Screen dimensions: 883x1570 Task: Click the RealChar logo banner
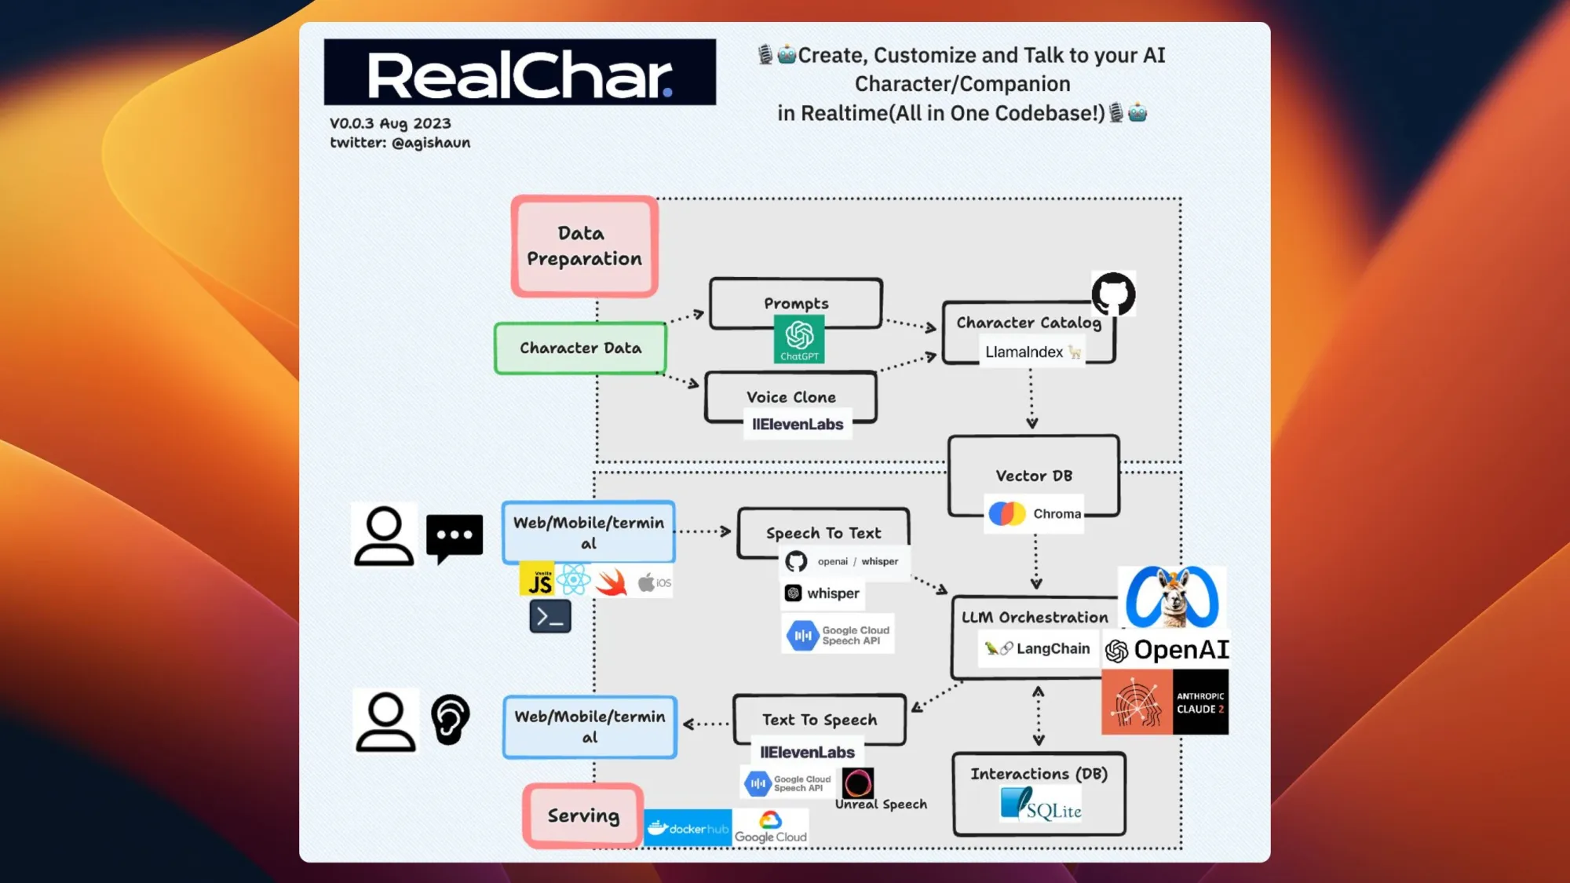coord(520,72)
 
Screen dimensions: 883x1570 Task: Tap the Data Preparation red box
coord(584,246)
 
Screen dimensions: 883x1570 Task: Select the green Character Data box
coord(580,348)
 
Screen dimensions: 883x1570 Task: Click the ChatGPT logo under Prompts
coord(799,338)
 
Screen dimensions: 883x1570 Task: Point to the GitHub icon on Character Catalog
coord(1113,294)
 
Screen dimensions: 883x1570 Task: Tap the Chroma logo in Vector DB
coord(1007,514)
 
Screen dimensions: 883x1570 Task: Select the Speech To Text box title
coord(823,533)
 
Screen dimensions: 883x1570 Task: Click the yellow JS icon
coord(539,580)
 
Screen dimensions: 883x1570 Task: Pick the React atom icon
coord(574,580)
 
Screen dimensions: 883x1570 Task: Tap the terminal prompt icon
coord(550,617)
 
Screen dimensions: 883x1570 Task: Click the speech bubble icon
coord(455,538)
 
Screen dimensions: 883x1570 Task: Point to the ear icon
coord(451,719)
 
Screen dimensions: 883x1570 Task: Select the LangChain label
coord(1038,649)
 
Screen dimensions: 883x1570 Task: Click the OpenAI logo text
coord(1167,650)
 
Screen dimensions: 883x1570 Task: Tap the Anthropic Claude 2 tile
coord(1165,702)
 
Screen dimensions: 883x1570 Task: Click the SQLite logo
coord(1040,805)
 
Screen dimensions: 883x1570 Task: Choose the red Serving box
coord(583,815)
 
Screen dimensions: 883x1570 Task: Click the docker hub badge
coord(688,828)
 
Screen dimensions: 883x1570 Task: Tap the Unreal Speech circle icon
coord(857,783)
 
